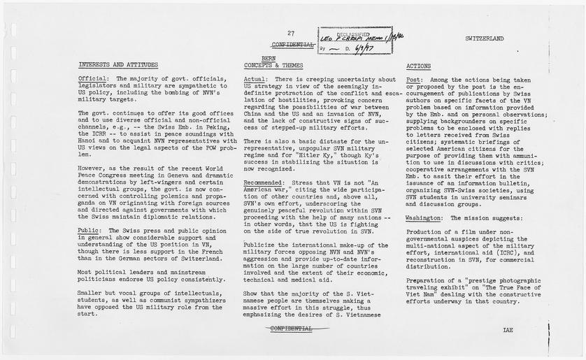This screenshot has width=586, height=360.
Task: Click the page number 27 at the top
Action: [290, 33]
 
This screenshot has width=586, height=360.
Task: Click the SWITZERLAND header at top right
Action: [483, 39]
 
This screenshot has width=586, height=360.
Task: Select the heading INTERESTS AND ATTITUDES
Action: [118, 65]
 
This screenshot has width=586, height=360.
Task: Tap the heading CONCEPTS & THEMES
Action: [273, 65]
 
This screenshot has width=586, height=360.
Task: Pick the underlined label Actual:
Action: [255, 79]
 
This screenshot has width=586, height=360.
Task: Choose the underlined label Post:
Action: [414, 80]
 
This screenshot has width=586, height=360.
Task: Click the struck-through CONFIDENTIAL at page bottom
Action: [290, 327]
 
